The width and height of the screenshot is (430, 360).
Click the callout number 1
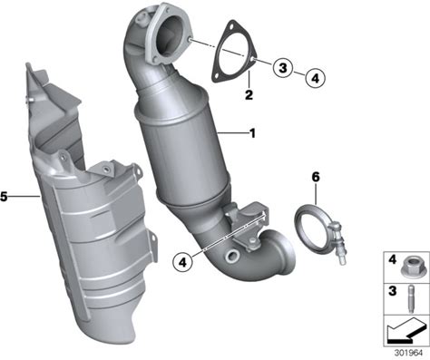click(252, 133)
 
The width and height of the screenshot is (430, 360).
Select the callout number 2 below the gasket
click(249, 95)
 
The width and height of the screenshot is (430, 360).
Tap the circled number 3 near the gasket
click(283, 67)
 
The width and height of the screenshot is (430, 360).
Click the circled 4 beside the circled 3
click(315, 78)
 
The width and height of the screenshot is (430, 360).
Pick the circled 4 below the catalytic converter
click(182, 262)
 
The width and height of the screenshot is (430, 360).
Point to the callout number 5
click(4, 197)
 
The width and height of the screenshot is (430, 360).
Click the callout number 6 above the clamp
click(316, 177)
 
